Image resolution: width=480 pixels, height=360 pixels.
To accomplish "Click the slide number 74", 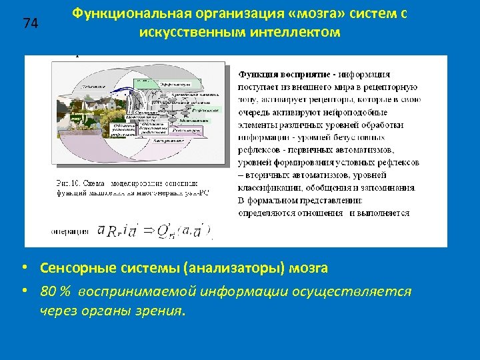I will tap(30, 24).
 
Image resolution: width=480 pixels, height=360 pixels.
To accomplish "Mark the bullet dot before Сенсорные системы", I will tap(23, 269).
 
